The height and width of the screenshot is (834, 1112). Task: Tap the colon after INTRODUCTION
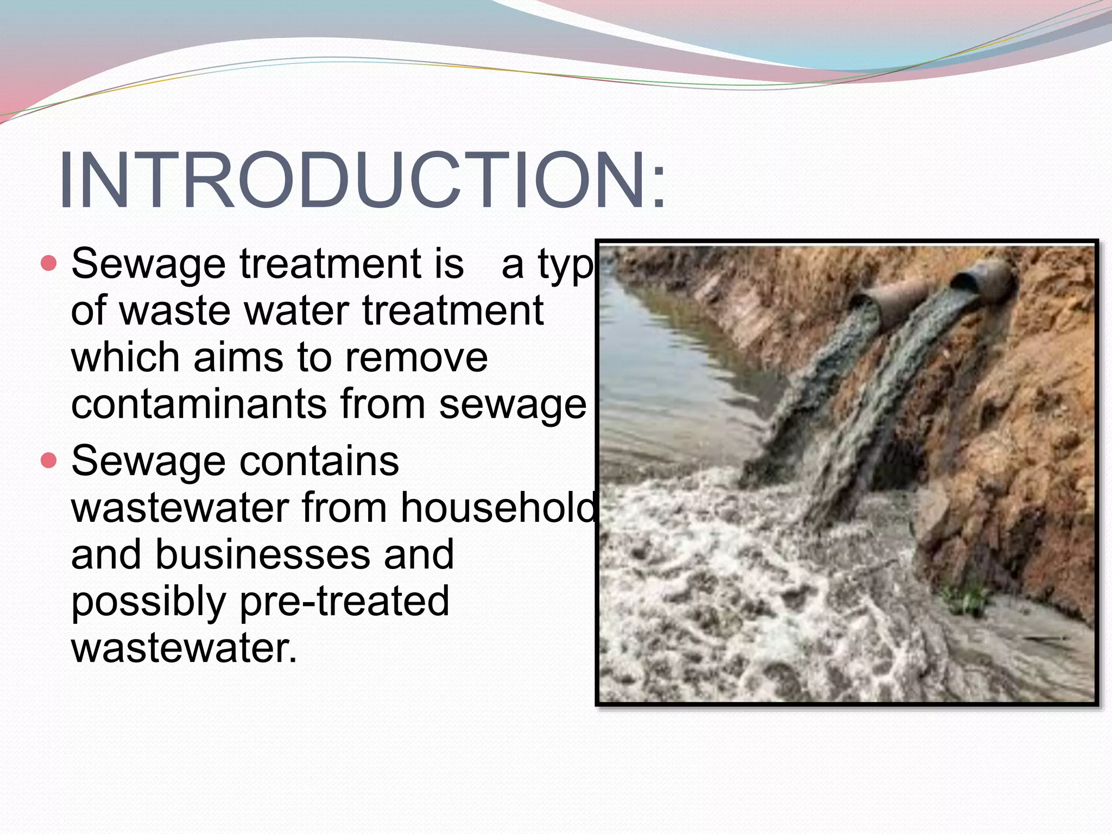point(659,187)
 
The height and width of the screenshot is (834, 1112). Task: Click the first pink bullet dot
point(49,264)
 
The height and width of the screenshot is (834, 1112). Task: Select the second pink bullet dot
point(49,461)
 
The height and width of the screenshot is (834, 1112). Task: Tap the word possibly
point(148,602)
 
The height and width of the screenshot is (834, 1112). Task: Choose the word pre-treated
point(345,601)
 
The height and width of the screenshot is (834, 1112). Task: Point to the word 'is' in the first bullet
point(448,264)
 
